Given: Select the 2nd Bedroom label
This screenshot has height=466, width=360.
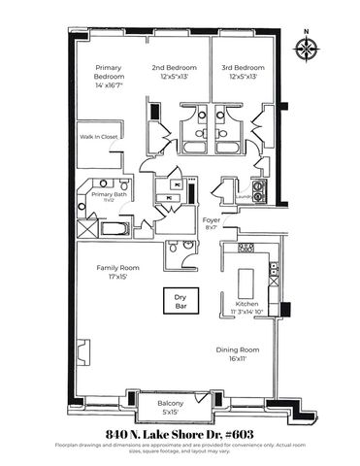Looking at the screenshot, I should coord(175,68).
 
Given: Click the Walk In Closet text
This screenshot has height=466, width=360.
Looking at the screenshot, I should coord(99,137).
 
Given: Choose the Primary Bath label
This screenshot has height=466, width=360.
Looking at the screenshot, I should coord(108,193).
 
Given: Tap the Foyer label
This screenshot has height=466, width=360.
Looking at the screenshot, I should coord(210,220).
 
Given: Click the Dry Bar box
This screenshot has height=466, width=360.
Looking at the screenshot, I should coord(180,302).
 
